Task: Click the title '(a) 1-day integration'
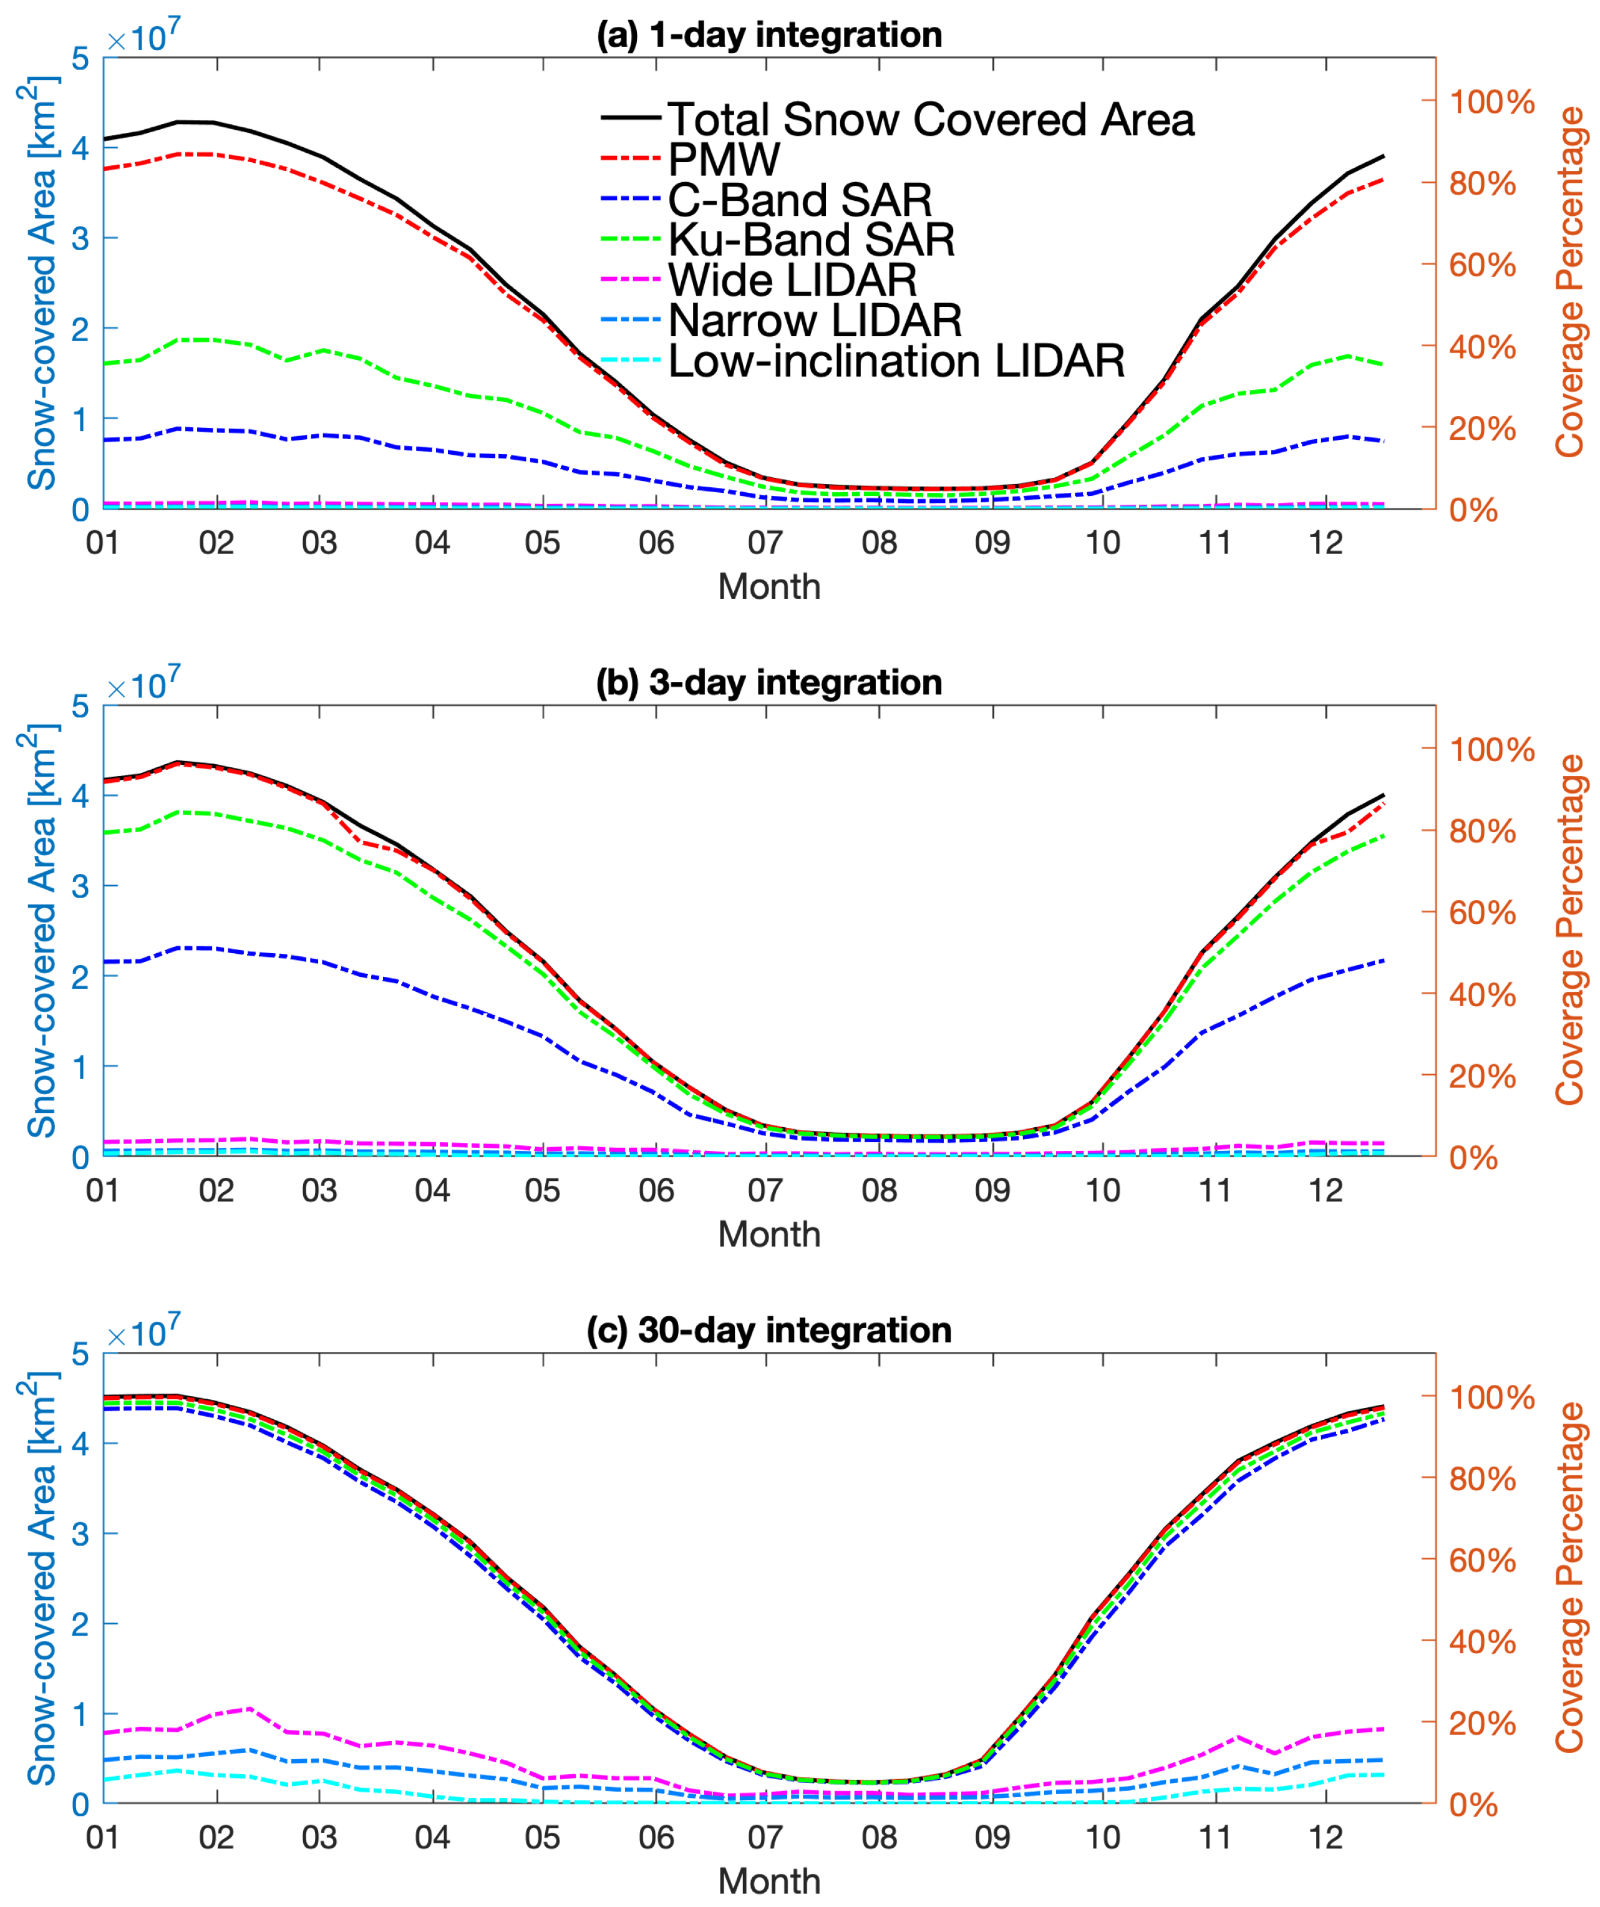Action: tap(769, 34)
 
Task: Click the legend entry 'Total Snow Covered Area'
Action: tap(931, 119)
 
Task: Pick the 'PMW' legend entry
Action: tap(724, 160)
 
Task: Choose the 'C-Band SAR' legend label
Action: tap(800, 200)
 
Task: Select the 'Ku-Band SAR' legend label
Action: tap(811, 240)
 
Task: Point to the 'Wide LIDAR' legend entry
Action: tap(792, 279)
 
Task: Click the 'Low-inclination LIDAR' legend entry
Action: tap(896, 361)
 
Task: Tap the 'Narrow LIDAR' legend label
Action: tap(815, 321)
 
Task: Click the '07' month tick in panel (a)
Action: tap(765, 543)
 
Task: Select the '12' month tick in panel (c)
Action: tap(1325, 1838)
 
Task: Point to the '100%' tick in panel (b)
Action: tap(1491, 750)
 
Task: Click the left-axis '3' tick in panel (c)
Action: tap(81, 1535)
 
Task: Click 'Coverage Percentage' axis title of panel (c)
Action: tap(1570, 1578)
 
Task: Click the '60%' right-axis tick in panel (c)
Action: tap(1482, 1561)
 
